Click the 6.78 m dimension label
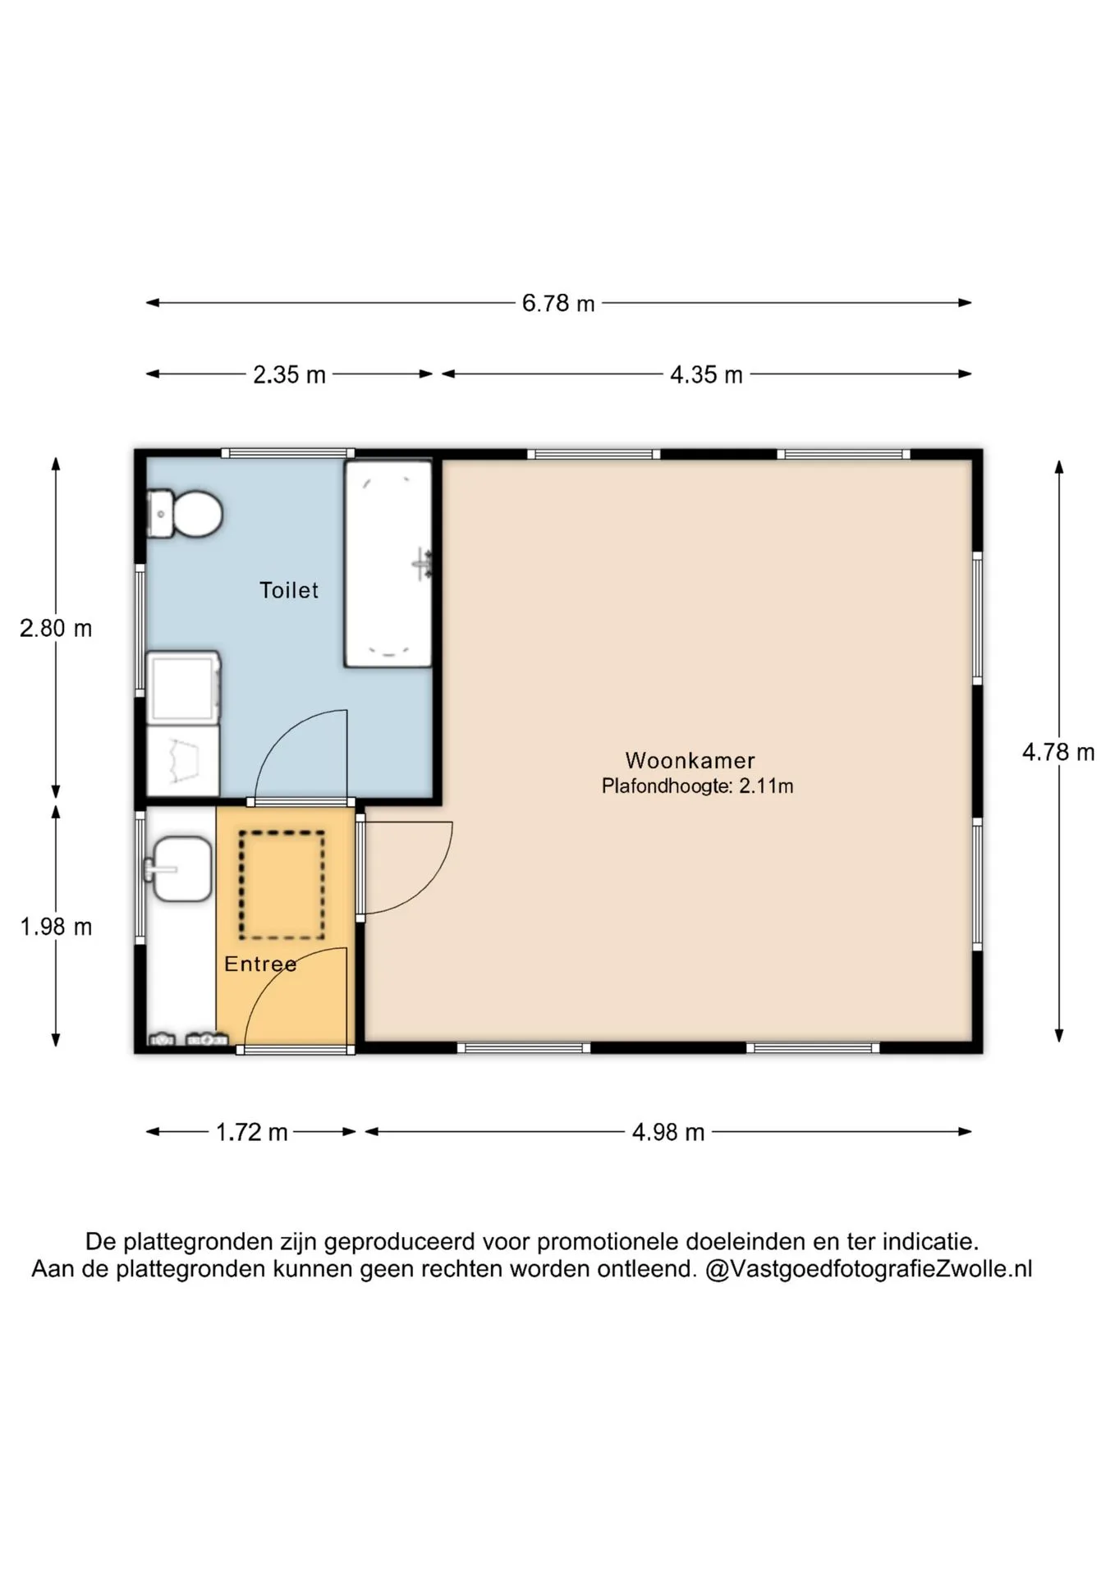(x=558, y=304)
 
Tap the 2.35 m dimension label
(x=289, y=375)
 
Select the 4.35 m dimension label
(x=706, y=375)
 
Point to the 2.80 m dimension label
(x=56, y=629)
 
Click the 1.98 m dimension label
(x=56, y=927)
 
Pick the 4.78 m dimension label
(x=1058, y=752)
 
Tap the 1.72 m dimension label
(x=251, y=1133)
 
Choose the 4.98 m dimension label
(x=668, y=1133)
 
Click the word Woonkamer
(x=690, y=760)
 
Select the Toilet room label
(x=289, y=590)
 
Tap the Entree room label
(x=260, y=964)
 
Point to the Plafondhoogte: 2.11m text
(x=697, y=786)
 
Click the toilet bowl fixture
(x=184, y=514)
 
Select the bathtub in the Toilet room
(x=388, y=564)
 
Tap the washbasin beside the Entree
(x=178, y=869)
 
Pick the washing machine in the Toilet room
(x=183, y=687)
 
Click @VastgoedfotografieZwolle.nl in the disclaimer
(x=869, y=1269)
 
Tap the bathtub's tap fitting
(x=423, y=565)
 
